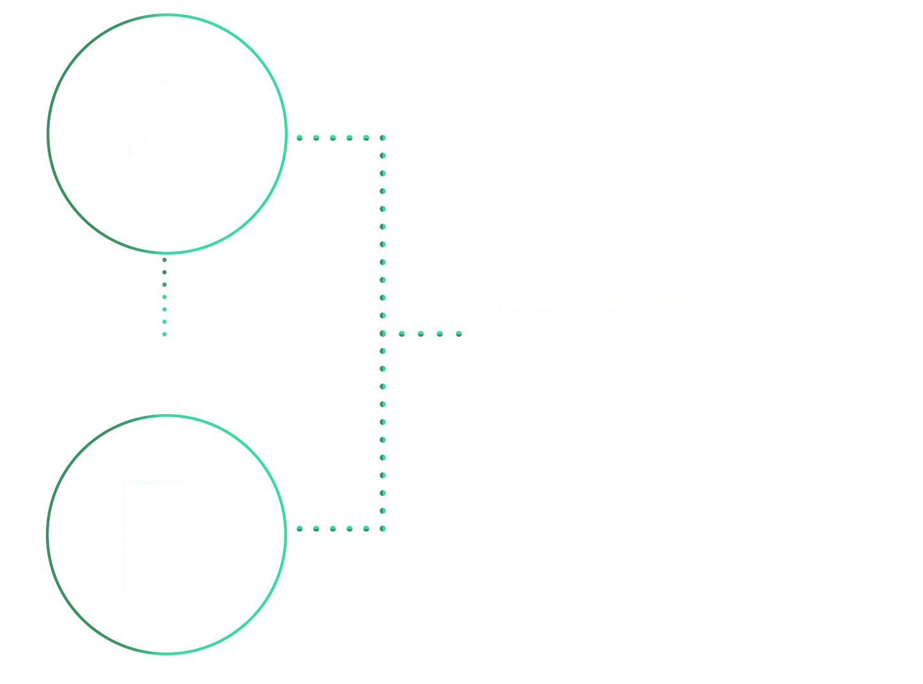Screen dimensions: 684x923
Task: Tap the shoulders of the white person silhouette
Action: click(198, 166)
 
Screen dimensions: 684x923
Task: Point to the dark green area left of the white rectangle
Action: click(83, 536)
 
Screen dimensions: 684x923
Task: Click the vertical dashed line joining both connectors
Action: click(380, 332)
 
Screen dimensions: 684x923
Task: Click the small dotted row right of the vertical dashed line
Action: click(424, 332)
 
